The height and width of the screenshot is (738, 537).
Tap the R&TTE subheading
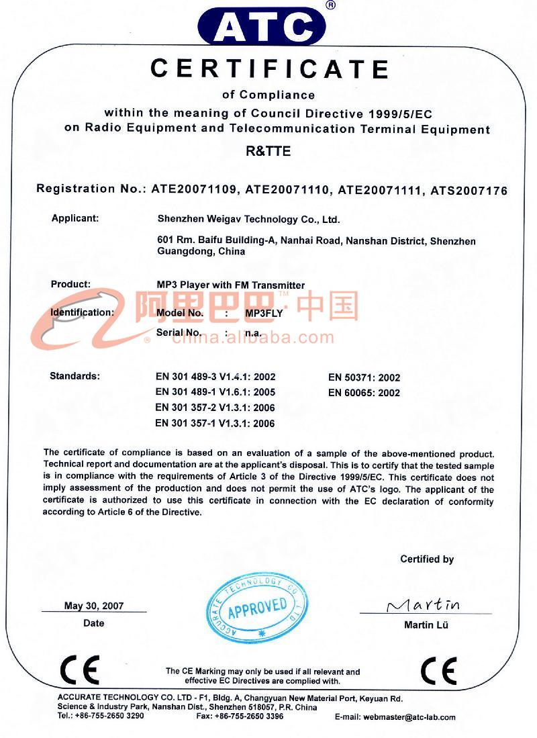[268, 151]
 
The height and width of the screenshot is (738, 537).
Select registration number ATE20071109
[193, 190]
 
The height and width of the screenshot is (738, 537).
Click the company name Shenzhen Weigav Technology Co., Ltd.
[248, 219]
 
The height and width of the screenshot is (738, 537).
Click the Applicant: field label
[75, 218]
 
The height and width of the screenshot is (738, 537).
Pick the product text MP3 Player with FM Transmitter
[230, 285]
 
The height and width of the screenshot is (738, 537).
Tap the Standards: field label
[75, 375]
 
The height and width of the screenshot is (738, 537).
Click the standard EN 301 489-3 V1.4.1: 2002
[215, 377]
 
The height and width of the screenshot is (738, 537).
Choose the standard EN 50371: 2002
[364, 377]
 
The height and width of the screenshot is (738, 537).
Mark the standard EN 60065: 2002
[364, 393]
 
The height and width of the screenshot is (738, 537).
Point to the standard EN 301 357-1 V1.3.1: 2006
[215, 423]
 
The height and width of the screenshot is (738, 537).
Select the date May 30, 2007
[94, 606]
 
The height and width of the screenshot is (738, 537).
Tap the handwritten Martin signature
[424, 604]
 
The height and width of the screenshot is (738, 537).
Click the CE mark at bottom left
[79, 670]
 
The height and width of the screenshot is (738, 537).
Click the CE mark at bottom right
[438, 670]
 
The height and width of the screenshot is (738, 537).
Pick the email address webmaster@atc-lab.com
[409, 717]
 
